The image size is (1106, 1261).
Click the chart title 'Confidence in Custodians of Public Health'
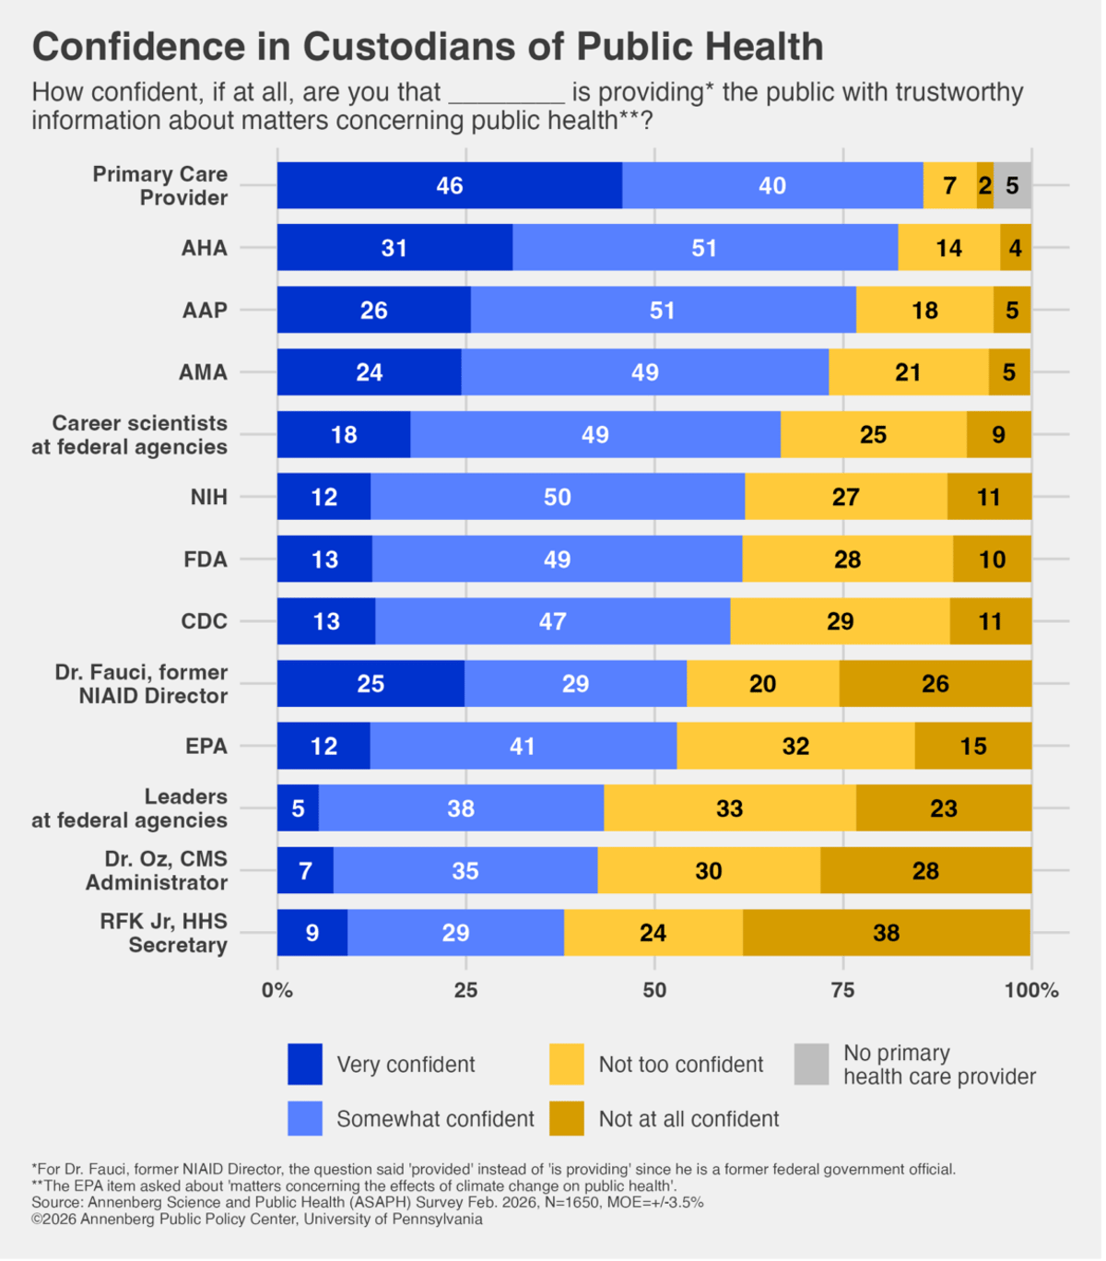pyautogui.click(x=428, y=47)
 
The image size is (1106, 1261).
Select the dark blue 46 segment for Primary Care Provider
pyautogui.click(x=449, y=185)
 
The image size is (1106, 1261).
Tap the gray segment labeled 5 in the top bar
pyautogui.click(x=1012, y=185)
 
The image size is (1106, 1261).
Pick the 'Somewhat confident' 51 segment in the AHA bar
pyautogui.click(x=704, y=248)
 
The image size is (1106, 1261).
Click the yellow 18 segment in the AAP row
pyautogui.click(x=924, y=310)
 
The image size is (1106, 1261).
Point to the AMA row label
pyautogui.click(x=203, y=372)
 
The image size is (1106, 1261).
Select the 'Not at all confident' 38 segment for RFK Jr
pyautogui.click(x=886, y=933)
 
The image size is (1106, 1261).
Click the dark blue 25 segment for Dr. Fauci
pyautogui.click(x=371, y=684)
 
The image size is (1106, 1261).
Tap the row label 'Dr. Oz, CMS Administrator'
pyautogui.click(x=157, y=870)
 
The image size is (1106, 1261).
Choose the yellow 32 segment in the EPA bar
pyautogui.click(x=795, y=746)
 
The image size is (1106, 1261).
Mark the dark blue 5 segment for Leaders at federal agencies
pyautogui.click(x=298, y=808)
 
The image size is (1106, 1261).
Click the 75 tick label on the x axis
pyautogui.click(x=842, y=990)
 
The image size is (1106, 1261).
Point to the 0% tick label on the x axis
pyautogui.click(x=276, y=990)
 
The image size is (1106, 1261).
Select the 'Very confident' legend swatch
pyautogui.click(x=305, y=1064)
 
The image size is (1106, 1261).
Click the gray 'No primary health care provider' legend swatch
pyautogui.click(x=811, y=1064)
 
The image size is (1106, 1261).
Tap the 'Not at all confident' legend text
pyautogui.click(x=688, y=1119)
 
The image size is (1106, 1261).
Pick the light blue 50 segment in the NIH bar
pyautogui.click(x=557, y=497)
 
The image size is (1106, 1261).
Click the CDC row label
pyautogui.click(x=204, y=621)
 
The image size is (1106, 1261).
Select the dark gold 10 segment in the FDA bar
pyautogui.click(x=992, y=560)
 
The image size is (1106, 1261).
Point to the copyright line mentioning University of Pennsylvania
pyautogui.click(x=257, y=1219)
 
